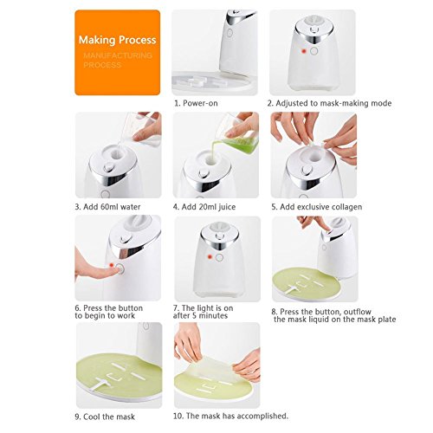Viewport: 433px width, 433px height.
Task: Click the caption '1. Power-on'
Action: [204, 103]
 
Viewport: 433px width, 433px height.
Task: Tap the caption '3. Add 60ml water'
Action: [113, 206]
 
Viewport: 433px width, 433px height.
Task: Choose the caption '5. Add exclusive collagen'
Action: [316, 206]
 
